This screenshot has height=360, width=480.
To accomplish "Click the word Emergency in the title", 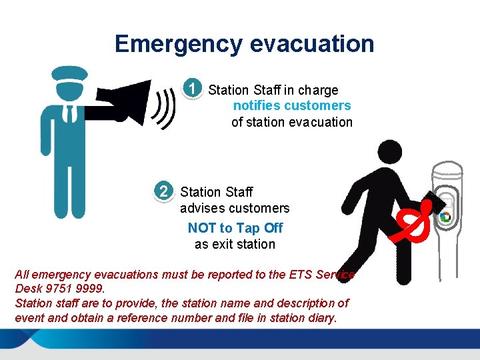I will point(178,44).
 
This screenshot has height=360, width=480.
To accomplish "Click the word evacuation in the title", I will point(311,44).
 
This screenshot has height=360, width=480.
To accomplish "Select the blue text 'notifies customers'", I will point(291,105).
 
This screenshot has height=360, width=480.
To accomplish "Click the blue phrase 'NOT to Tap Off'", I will point(235,228).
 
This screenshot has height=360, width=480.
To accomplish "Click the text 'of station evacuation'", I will point(291,122).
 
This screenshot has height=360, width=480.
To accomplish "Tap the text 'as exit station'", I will point(235,244).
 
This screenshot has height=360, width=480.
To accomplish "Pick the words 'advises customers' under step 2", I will point(235,208).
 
